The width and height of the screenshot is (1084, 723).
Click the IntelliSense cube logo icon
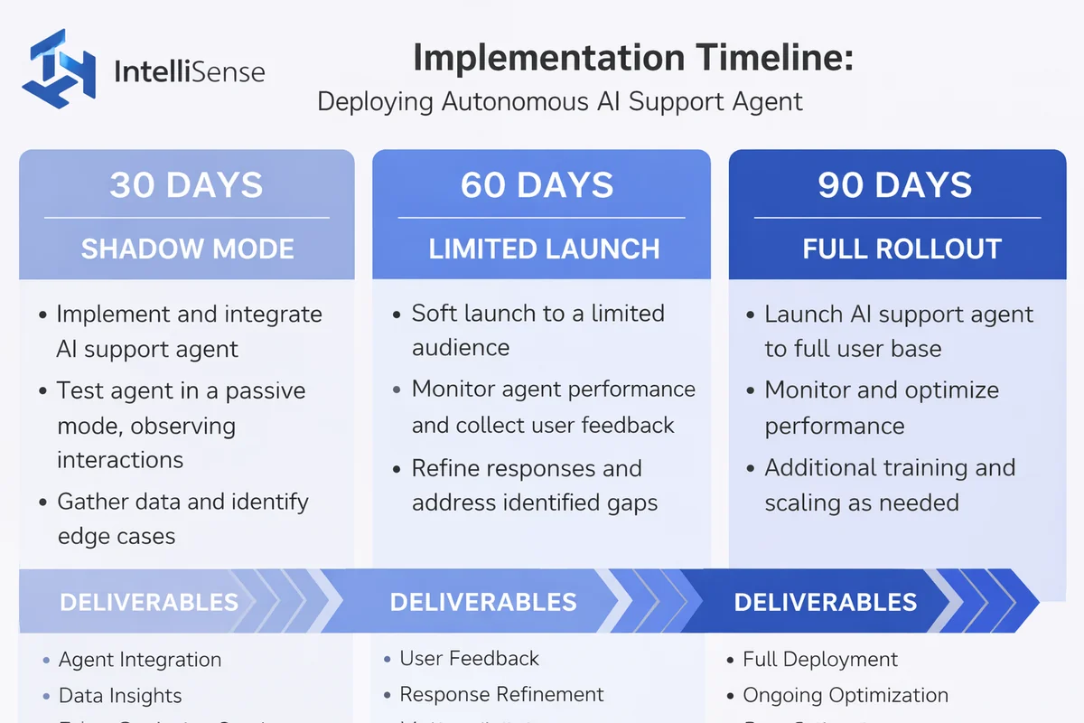(x=59, y=68)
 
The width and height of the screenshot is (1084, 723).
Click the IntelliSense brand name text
(x=190, y=70)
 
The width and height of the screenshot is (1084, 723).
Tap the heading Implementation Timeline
(x=632, y=59)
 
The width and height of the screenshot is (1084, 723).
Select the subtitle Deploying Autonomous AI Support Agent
(x=560, y=100)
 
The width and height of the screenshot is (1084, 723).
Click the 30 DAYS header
(x=186, y=185)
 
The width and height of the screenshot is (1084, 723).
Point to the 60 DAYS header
(x=537, y=185)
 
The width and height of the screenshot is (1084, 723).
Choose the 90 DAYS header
(x=895, y=185)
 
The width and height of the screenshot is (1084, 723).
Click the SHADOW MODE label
(x=187, y=249)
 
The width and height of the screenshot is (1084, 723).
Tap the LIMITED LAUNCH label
(x=544, y=249)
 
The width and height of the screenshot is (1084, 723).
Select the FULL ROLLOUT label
(x=902, y=249)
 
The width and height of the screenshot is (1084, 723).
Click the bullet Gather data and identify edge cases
(x=181, y=519)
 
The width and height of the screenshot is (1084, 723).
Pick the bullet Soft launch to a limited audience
(x=537, y=330)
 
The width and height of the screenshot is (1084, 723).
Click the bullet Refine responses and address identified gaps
(x=533, y=486)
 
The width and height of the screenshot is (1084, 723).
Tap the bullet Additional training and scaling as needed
(x=889, y=485)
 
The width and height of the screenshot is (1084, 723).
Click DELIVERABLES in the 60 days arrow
(x=483, y=602)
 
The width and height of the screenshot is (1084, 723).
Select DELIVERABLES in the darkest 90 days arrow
(x=825, y=602)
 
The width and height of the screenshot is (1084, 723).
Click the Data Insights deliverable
(x=120, y=696)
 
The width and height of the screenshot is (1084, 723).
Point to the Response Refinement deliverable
(x=501, y=694)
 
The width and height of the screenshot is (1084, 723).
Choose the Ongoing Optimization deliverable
(x=846, y=695)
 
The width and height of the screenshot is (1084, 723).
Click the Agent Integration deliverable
(x=140, y=660)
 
